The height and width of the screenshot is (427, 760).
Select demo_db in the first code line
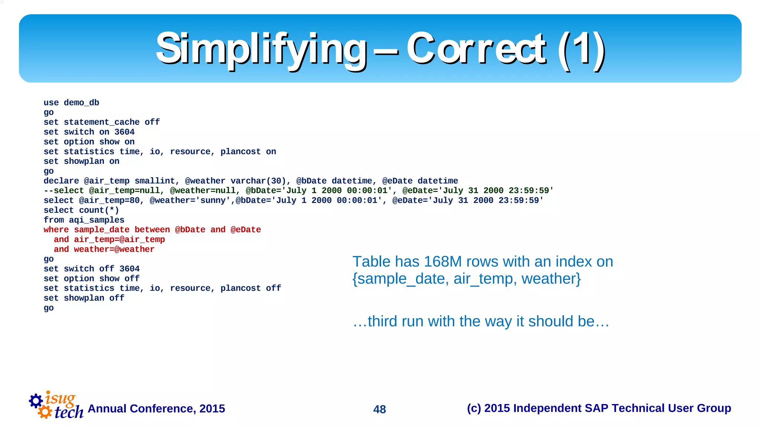81,102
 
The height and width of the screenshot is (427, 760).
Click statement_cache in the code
102,122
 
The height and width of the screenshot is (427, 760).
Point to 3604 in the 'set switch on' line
124,132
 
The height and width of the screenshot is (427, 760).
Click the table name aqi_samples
96,220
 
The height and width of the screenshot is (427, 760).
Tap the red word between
152,230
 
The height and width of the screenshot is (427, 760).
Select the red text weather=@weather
114,249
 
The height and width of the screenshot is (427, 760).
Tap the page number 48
380,409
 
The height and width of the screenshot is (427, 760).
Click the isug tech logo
56,405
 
